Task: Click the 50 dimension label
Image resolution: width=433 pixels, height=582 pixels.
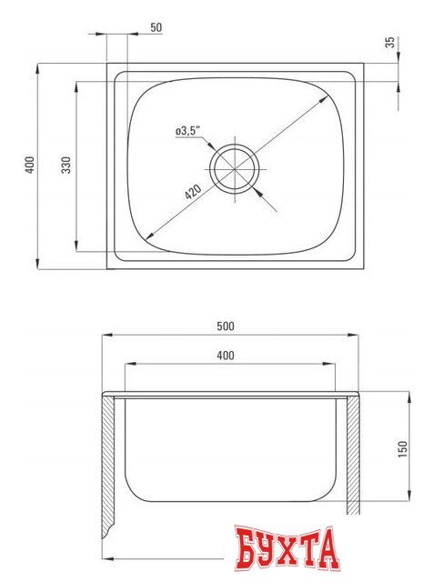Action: [156, 28]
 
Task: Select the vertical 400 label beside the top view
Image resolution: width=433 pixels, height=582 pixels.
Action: [29, 166]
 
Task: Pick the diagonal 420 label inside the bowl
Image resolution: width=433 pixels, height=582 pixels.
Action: [192, 193]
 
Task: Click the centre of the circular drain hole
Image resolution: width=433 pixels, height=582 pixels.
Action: [236, 166]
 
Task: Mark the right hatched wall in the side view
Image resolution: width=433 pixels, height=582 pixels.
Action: [351, 455]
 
